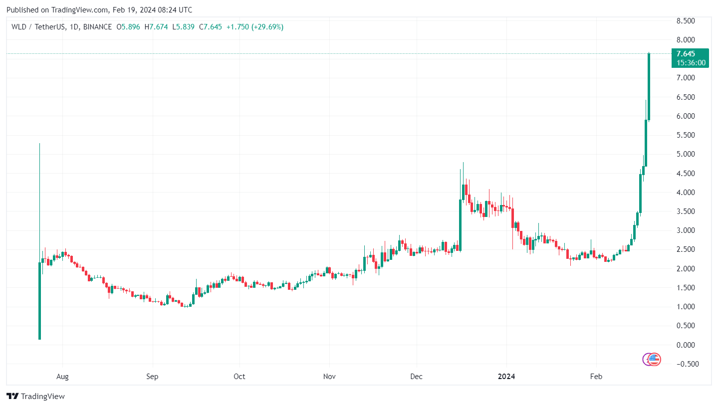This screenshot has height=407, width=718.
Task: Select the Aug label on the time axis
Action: pyautogui.click(x=62, y=377)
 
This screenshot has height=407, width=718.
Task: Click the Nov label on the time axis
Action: pyautogui.click(x=328, y=377)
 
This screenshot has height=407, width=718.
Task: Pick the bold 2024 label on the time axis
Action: pyautogui.click(x=506, y=377)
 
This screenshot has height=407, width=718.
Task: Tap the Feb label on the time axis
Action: pyautogui.click(x=596, y=377)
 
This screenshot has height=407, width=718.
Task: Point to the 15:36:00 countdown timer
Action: pyautogui.click(x=691, y=63)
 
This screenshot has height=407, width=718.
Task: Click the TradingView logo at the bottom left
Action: pyautogui.click(x=36, y=397)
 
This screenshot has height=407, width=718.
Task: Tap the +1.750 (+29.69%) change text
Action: pyautogui.click(x=254, y=27)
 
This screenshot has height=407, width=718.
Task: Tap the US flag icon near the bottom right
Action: pyautogui.click(x=654, y=359)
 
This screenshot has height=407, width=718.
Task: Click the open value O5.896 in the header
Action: pyautogui.click(x=128, y=27)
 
